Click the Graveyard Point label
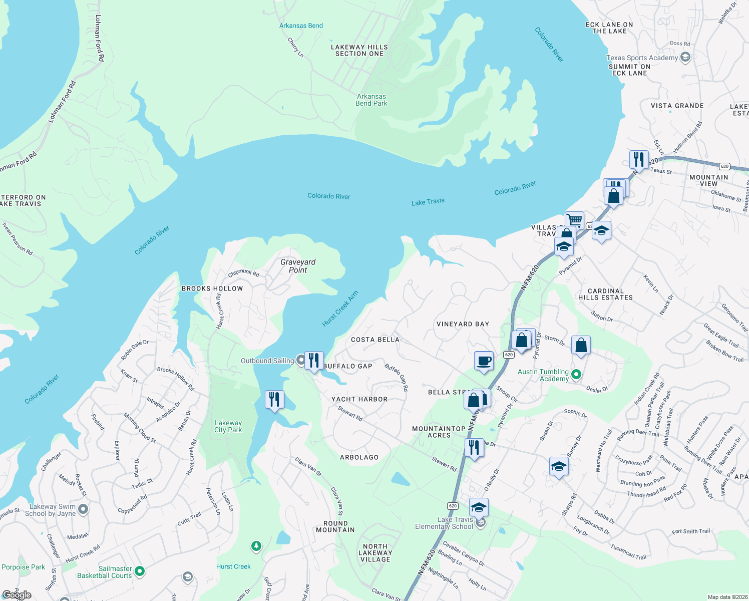tap(298, 266)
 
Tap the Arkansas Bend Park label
tap(371, 100)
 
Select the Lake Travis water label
tap(428, 202)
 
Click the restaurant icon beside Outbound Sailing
tap(314, 361)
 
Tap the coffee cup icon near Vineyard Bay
tap(484, 361)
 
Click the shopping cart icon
tap(575, 220)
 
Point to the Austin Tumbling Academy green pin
tap(576, 374)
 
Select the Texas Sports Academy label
tap(642, 58)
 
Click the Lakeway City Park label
tap(228, 426)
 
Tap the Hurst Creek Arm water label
tap(340, 309)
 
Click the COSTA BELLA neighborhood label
tap(375, 340)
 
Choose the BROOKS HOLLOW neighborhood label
tap(212, 288)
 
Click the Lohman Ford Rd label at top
tap(99, 38)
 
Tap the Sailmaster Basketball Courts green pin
tap(140, 571)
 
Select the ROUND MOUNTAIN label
tap(335, 526)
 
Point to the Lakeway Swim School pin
tap(83, 510)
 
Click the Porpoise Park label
tap(23, 567)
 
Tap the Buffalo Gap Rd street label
tap(397, 377)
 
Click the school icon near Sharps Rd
tap(559, 467)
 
